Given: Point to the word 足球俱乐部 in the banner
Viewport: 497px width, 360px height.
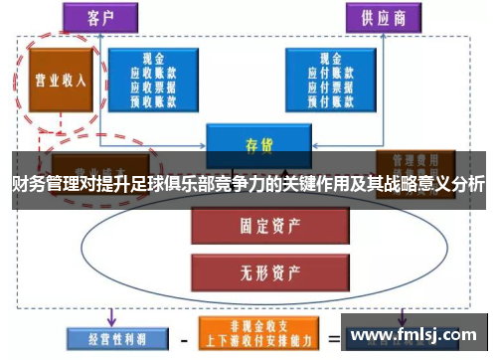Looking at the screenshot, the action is [x=189, y=185].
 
